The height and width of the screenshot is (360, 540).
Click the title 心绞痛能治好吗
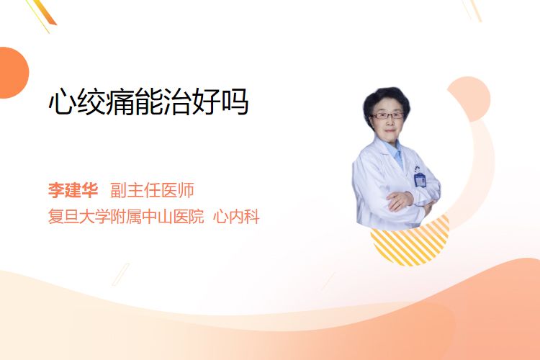148,102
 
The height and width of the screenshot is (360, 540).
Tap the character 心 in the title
63,102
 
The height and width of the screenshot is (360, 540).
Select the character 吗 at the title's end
235,102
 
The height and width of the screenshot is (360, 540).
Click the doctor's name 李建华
73,190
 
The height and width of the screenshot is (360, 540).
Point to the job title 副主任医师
152,190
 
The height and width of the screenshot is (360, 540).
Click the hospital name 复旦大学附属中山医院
126,216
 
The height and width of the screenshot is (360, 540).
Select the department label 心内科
236,216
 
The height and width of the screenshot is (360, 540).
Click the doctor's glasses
387,115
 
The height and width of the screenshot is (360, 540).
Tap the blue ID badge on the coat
420,179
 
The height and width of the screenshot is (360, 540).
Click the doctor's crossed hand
400,201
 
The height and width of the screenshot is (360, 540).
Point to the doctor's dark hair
386,100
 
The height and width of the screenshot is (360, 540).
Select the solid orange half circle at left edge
13,73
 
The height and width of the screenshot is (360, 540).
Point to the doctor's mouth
390,130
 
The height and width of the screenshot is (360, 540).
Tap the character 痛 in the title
120,102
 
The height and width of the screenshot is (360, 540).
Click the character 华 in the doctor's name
89,190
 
